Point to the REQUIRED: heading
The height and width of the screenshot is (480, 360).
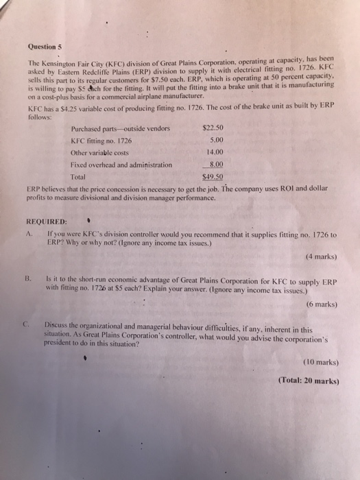pyautogui.click(x=47, y=222)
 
